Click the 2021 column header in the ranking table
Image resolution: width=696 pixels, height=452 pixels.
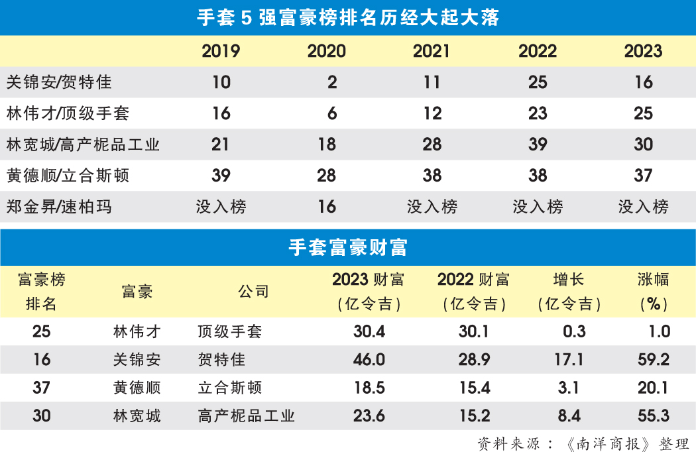coord(432,52)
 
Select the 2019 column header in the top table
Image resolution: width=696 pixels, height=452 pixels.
coord(221,52)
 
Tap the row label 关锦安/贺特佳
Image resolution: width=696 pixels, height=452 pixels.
coord(59,82)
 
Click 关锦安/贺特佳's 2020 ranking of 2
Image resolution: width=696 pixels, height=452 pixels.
coord(332,82)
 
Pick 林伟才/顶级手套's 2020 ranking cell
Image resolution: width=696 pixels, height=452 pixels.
coord(332,113)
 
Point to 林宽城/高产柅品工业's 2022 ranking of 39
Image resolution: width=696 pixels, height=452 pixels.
coord(538,144)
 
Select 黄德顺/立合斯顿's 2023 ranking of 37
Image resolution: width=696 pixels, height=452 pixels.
coord(643,176)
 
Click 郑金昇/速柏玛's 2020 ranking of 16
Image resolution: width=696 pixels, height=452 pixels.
coord(327,207)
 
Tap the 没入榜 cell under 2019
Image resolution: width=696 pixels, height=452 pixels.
coord(221,207)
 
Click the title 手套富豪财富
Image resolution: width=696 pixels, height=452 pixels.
coord(348,247)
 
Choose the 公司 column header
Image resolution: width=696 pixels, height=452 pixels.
coord(253,292)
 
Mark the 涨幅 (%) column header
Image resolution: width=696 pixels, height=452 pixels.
coord(654,292)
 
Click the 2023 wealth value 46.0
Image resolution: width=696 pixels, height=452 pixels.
coord(369,360)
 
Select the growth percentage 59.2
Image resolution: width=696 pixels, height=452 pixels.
coord(654,360)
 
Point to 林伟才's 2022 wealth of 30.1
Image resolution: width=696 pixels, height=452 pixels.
coord(475,331)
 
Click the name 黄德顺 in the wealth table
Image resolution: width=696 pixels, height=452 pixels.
coord(137,388)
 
